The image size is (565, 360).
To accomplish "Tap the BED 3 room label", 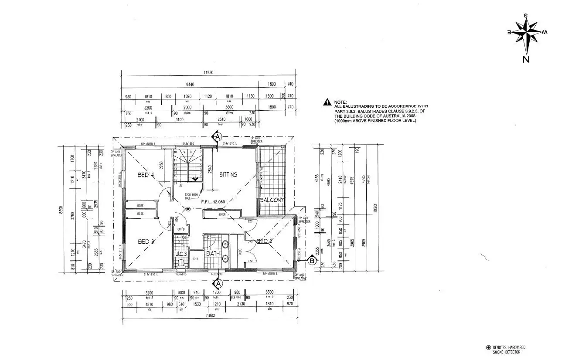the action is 146,241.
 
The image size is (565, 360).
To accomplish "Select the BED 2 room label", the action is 264,241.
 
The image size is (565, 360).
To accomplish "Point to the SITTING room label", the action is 228,174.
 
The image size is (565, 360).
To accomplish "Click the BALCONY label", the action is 272,200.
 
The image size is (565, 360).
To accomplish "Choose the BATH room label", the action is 213,253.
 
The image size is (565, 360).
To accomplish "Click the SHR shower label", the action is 196,259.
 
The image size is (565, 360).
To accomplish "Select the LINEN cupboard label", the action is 222,214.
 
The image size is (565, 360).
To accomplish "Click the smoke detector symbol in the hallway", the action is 188,209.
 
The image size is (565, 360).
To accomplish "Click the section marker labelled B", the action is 312,262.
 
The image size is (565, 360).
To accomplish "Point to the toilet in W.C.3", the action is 181,263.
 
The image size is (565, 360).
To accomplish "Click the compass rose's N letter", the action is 526,60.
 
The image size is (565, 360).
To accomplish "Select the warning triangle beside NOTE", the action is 327,102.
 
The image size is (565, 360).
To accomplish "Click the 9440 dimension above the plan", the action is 189,85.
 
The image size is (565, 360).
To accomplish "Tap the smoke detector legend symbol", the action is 488,347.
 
